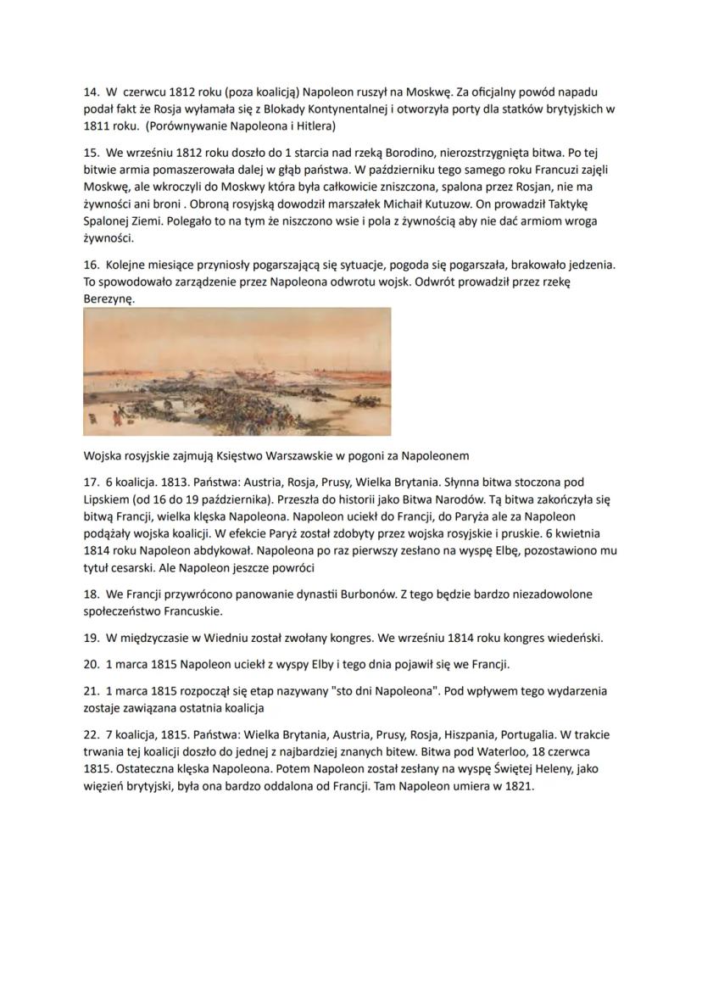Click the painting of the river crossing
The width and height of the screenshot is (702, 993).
pos(237,371)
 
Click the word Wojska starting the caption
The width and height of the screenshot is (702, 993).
pos(103,454)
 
